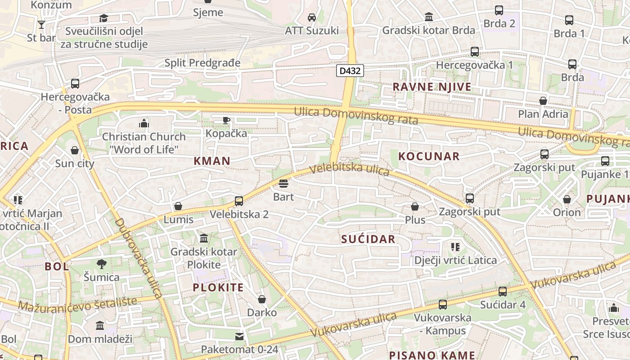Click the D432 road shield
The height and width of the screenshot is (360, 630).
[350, 71]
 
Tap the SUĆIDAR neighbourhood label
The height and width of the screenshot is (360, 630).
[368, 239]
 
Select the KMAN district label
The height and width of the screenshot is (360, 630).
[212, 161]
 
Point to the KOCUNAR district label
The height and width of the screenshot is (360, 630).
[429, 156]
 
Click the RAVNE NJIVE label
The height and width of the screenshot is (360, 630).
[432, 86]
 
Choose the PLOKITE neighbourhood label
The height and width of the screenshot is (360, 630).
[218, 287]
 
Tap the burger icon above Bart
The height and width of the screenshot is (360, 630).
[283, 184]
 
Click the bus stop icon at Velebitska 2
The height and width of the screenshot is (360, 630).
[239, 201]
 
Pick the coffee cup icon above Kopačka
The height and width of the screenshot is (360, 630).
[226, 120]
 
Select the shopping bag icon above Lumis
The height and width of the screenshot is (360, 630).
[178, 207]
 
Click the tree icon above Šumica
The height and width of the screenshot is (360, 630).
[102, 264]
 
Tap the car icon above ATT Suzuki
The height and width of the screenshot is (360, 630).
[311, 18]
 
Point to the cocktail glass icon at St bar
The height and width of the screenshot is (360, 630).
[41, 25]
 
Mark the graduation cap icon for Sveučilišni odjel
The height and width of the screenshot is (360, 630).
[104, 18]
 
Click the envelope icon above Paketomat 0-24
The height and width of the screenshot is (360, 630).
[239, 337]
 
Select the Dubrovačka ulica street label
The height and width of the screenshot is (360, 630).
[138, 258]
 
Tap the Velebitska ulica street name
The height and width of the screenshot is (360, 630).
[350, 169]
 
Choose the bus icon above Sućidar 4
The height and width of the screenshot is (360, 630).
[503, 292]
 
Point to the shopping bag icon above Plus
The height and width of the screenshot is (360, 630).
[415, 207]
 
